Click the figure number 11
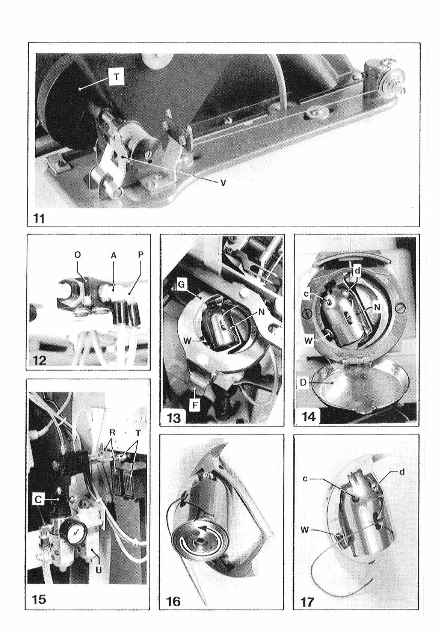39,219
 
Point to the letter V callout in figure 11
223,183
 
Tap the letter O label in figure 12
77,255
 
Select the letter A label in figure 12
113,255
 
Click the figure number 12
39,360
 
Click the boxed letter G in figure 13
182,285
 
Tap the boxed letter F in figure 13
195,406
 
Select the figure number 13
174,417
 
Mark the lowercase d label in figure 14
358,271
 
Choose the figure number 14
308,417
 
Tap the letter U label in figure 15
98,569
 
